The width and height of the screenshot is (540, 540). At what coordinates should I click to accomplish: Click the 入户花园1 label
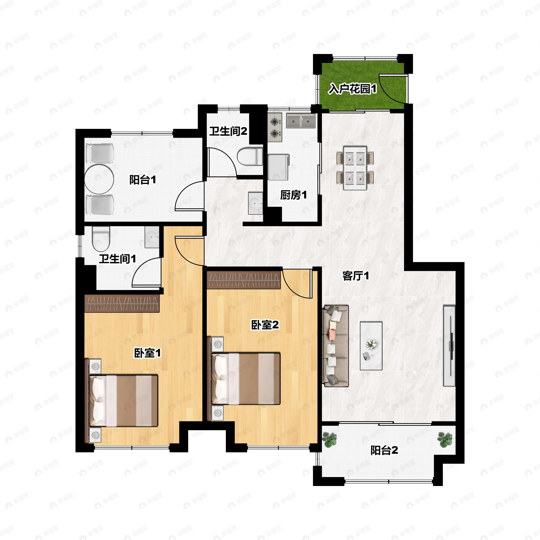pos(352,89)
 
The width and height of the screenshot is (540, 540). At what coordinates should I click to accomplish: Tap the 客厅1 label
pos(355,276)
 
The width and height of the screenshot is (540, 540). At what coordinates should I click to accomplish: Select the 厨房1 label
pos(293,195)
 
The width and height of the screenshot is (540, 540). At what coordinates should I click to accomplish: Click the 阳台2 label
pos(384,450)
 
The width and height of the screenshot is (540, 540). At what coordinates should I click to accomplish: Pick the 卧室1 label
pos(148,353)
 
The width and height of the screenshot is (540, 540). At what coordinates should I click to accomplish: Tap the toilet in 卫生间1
pos(101,239)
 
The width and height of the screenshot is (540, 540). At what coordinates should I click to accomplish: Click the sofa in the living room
pos(335,346)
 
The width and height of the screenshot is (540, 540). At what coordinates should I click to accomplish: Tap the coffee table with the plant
pos(371,346)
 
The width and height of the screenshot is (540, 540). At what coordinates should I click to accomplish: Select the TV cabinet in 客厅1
pos(449,346)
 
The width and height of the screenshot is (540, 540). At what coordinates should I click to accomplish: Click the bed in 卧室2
pos(246,379)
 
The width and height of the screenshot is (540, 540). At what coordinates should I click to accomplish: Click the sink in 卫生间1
pos(152,237)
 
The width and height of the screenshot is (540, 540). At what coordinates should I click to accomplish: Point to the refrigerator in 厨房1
pos(278,167)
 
